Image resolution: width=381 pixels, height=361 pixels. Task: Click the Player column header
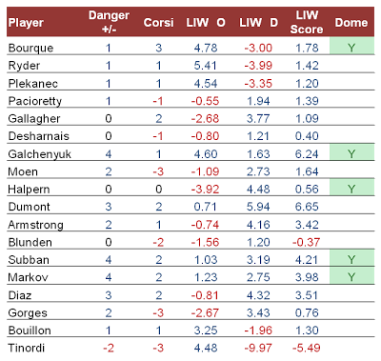pos(26,23)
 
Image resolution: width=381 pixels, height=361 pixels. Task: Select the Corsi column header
pos(158,23)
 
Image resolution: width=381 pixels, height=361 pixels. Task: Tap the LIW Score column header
pos(307,22)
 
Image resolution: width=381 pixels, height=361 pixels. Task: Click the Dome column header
pos(351,23)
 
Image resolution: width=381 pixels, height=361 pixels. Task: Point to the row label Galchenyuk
pos(39,154)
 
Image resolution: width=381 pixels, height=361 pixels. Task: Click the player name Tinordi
pos(27,348)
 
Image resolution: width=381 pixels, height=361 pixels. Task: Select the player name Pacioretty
pos(35,101)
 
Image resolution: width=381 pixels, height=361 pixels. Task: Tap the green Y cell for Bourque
pos(351,46)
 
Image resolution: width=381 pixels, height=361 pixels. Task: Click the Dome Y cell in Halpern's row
pos(351,188)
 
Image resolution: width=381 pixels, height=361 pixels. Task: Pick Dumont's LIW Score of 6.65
pos(307,207)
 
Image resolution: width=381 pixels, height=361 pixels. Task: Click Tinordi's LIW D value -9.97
pos(258,348)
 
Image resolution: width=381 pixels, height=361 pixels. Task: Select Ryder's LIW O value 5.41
pos(206,66)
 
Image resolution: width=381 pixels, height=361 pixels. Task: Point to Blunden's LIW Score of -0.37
pos(307,242)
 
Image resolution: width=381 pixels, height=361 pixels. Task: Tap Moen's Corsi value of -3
pos(158,171)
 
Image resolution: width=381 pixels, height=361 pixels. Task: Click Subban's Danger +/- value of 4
pos(109,260)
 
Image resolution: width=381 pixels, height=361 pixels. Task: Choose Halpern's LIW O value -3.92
pos(206,190)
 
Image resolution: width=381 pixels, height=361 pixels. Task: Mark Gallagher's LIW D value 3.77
pos(258,119)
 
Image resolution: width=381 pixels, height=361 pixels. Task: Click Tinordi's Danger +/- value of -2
pos(109,348)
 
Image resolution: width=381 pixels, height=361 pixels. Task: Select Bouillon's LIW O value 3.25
pos(206,331)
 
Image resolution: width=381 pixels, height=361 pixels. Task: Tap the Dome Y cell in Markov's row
pos(351,275)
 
